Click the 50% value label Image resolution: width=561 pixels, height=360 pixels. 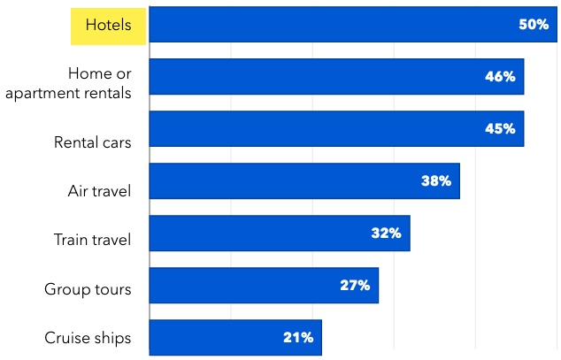point(534,25)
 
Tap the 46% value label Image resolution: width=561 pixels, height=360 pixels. point(500,77)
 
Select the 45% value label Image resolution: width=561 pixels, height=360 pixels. point(500,129)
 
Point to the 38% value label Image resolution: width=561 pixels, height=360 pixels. point(436,181)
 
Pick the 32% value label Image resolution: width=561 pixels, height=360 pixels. point(387,234)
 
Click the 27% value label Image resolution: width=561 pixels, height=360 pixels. point(355,286)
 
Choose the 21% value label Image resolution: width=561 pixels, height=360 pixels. point(298,337)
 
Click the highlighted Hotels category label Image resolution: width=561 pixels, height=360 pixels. point(108,25)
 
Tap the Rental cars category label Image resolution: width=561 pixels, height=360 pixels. point(93,142)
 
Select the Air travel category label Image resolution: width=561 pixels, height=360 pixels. point(99,191)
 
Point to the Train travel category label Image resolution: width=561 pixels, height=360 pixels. point(92,240)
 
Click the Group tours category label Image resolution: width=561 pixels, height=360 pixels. point(88,289)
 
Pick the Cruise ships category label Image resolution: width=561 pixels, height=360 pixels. point(88,338)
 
